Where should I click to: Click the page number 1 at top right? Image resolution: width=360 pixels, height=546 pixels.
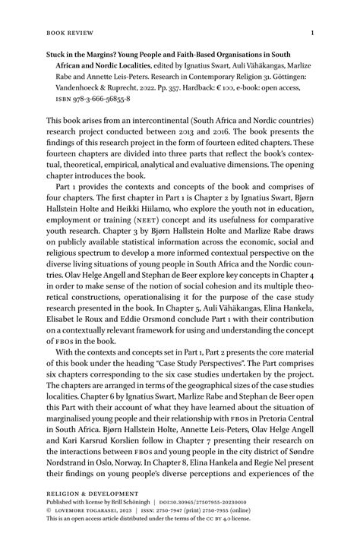point(312,33)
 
